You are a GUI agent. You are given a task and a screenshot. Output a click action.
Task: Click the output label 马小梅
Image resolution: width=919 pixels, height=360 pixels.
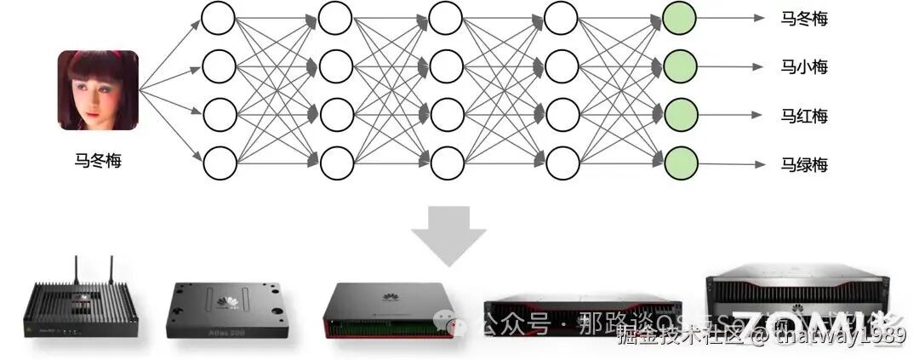(804, 66)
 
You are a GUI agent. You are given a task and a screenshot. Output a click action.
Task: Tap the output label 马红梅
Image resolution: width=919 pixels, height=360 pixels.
(804, 116)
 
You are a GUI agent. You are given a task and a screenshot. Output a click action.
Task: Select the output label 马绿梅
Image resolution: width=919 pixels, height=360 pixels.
(804, 164)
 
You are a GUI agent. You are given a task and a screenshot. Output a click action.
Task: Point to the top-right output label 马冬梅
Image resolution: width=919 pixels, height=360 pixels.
(804, 18)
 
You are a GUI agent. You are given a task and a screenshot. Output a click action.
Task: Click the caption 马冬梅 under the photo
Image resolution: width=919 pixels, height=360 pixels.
(98, 158)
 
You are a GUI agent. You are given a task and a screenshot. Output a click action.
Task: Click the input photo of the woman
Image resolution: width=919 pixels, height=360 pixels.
(98, 90)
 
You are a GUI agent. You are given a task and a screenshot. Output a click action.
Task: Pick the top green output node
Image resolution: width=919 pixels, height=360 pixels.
(680, 16)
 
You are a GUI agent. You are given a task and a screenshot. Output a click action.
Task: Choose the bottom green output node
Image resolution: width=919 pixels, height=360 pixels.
(680, 163)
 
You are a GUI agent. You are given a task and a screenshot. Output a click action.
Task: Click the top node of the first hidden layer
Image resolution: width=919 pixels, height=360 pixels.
(219, 16)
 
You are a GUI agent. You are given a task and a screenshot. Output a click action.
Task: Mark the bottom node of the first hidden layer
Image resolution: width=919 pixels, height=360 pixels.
(219, 163)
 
